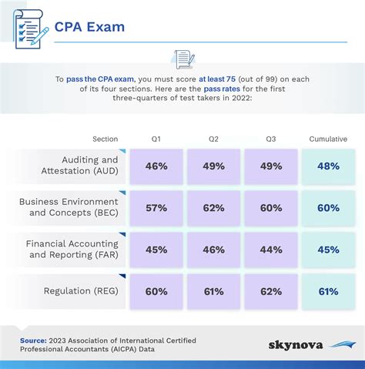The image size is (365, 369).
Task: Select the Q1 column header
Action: tap(156, 139)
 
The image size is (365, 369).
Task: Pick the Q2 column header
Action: tap(213, 139)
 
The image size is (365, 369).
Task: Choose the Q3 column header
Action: tap(270, 139)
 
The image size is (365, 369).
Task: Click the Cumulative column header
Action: tap(328, 139)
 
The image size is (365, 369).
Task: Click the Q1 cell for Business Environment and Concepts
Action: tap(156, 207)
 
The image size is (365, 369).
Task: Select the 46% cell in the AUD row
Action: tap(156, 166)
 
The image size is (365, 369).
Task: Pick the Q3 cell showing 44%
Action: tap(270, 249)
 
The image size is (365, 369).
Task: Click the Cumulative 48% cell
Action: tap(328, 166)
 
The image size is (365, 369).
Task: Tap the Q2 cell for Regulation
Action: tap(213, 290)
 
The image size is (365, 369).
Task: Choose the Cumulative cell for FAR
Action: tap(328, 249)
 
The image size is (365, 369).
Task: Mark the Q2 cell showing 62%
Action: tap(213, 207)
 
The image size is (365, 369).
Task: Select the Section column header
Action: tap(105, 139)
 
